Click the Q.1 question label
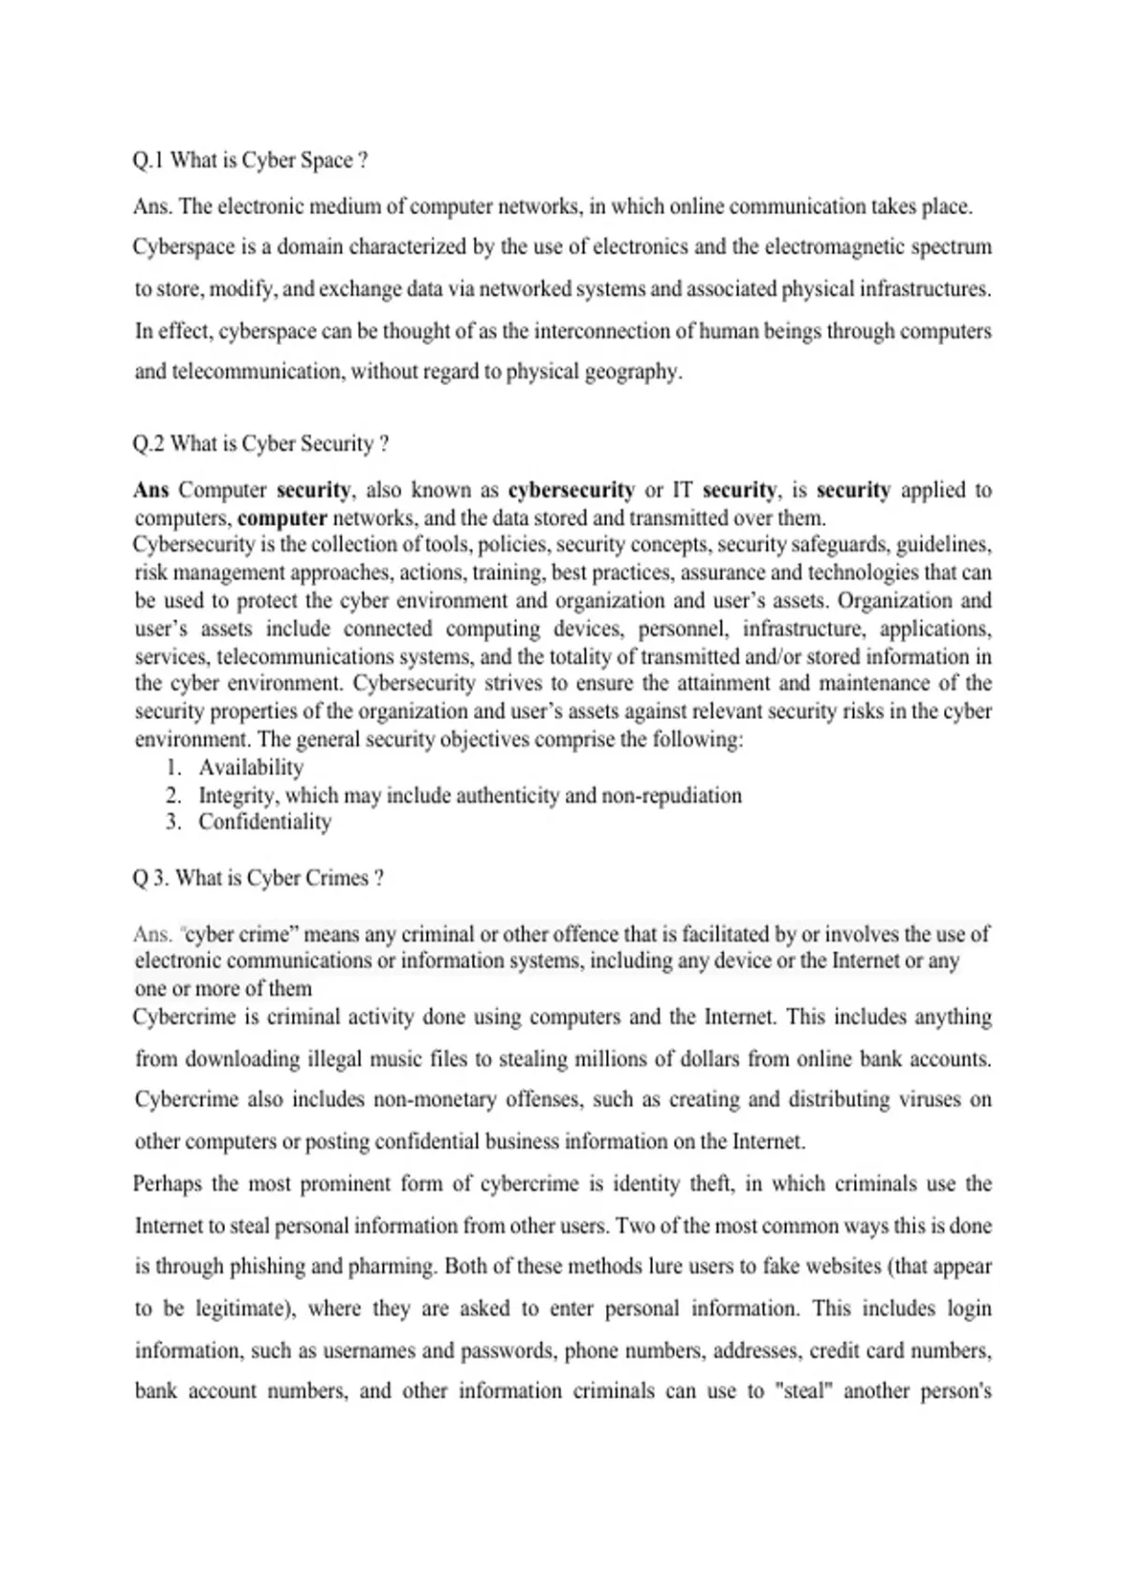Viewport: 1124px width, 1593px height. point(148,161)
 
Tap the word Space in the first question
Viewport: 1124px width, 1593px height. point(328,161)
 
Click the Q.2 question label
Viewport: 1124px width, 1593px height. point(149,444)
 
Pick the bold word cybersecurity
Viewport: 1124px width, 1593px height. point(570,490)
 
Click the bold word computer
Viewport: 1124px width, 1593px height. point(282,518)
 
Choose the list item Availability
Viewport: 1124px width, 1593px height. point(251,767)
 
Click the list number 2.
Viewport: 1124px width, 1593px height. point(173,796)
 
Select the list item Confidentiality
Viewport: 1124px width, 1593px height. point(265,822)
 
